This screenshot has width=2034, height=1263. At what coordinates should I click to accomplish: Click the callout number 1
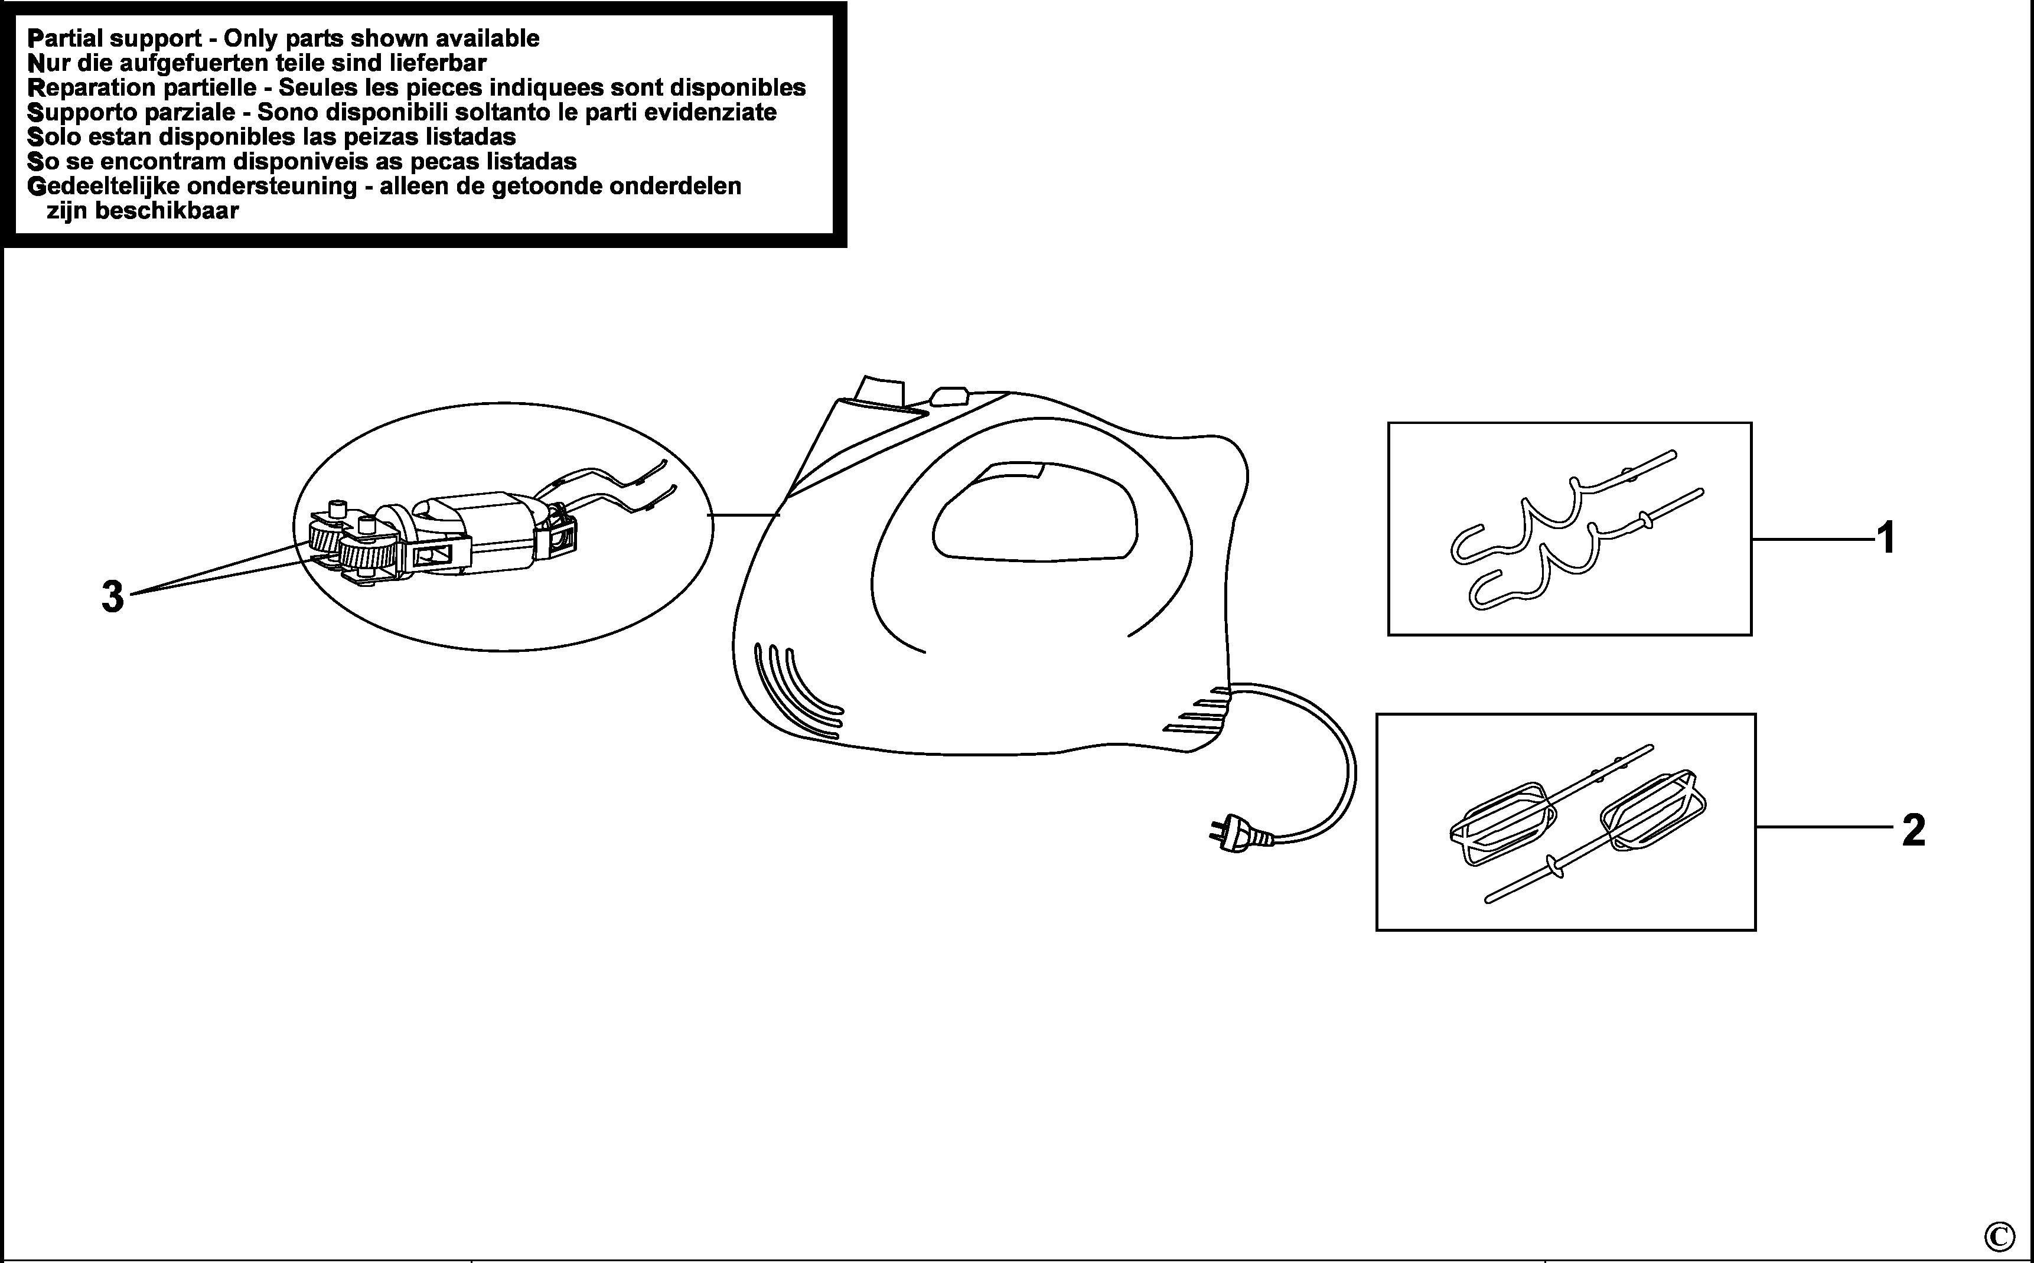pos(1885,538)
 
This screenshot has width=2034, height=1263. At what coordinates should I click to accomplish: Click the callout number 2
pos(1914,830)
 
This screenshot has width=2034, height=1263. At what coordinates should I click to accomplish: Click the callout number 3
pos(113,597)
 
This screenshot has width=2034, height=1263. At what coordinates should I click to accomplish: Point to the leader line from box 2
pos(1824,827)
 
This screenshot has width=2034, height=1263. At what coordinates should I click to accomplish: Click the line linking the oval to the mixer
pos(744,515)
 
